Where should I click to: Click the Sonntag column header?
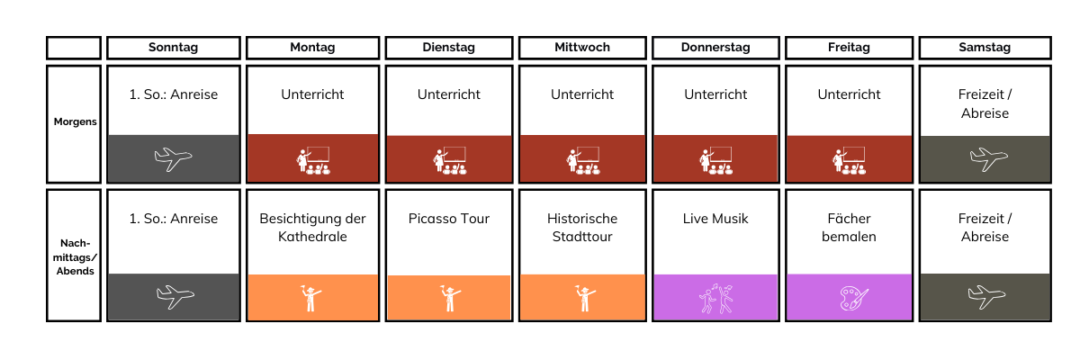pos(173,47)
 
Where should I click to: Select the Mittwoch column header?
pos(582,47)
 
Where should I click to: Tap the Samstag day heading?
pos(985,47)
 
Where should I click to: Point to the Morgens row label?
pos(76,121)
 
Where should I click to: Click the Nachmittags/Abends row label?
pos(75,256)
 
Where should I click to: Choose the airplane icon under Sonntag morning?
pos(173,158)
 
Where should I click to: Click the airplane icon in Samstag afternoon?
pos(986,296)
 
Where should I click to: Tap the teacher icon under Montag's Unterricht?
pos(313,160)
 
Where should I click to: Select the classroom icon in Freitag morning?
pos(849,160)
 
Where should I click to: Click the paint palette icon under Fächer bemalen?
pos(854,299)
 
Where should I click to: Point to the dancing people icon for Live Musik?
pos(716,299)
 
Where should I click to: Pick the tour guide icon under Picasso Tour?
pos(450,298)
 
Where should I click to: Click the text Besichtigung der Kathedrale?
pos(312,228)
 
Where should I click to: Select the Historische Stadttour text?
pos(582,228)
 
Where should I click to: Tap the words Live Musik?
pos(715,219)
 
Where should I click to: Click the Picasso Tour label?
pos(449,219)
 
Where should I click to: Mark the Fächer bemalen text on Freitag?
pos(849,228)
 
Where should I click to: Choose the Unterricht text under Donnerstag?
pos(715,94)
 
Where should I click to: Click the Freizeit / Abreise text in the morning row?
pos(985,103)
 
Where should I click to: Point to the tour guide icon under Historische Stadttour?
pos(585,298)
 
